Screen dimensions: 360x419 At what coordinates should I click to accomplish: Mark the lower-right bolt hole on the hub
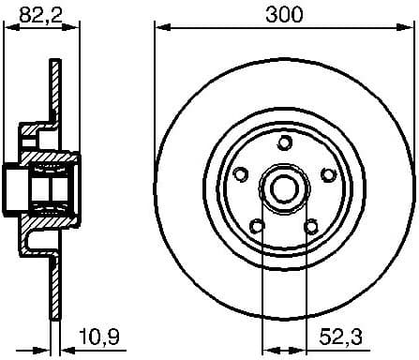coord(311,225)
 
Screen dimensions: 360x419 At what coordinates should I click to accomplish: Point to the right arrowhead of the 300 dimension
coord(410,28)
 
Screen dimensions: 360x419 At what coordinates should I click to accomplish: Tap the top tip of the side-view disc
coord(53,63)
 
